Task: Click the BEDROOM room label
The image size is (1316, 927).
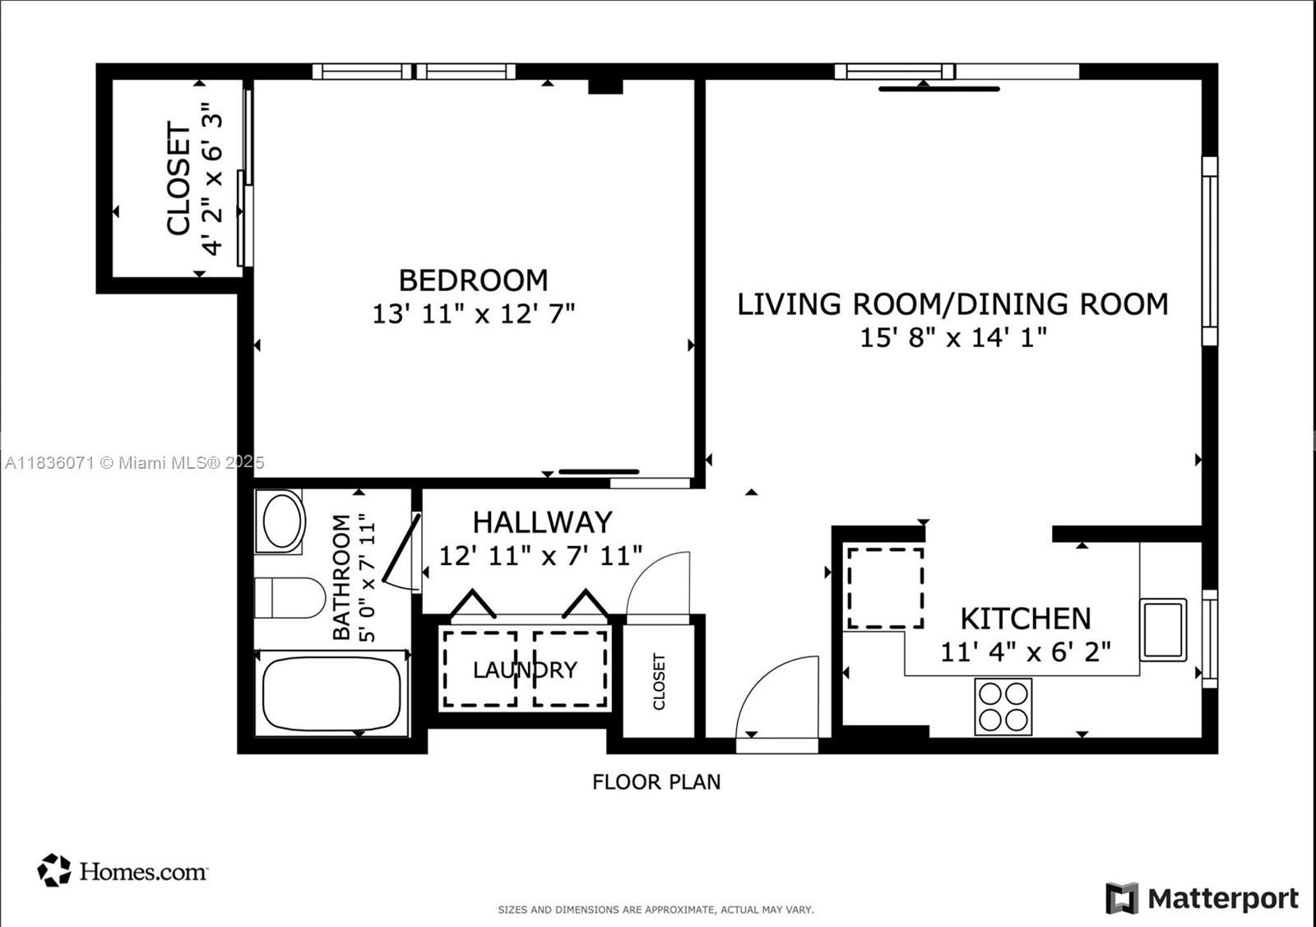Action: click(x=473, y=280)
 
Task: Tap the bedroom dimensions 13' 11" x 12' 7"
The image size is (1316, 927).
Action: click(x=473, y=313)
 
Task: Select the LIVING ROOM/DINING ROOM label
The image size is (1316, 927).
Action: click(x=952, y=304)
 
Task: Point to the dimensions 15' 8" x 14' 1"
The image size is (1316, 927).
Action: click(x=952, y=337)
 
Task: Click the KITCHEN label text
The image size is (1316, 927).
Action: click(x=1026, y=619)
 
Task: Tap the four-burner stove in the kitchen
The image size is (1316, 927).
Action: click(x=1003, y=707)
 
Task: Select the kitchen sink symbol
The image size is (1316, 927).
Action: click(x=1163, y=629)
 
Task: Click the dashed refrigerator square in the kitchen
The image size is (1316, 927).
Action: click(x=885, y=588)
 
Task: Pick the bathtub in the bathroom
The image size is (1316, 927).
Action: click(x=332, y=693)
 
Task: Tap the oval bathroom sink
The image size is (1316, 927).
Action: click(x=280, y=521)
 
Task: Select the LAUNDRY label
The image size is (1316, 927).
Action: click(x=525, y=670)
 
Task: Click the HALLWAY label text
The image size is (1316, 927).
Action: click(x=542, y=522)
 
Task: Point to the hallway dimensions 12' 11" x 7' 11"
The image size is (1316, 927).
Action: click(x=540, y=555)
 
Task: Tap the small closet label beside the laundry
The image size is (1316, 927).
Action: click(x=659, y=682)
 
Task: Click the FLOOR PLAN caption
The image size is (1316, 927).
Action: click(x=656, y=781)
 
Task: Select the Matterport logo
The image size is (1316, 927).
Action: click(x=1202, y=898)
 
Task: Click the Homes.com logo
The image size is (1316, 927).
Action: click(x=123, y=870)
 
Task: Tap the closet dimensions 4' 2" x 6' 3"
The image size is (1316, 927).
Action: click(x=212, y=179)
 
